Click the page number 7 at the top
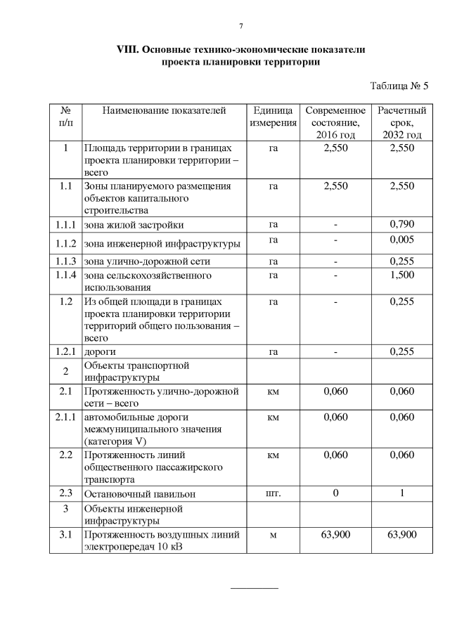pyautogui.click(x=240, y=27)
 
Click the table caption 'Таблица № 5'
pyautogui.click(x=399, y=86)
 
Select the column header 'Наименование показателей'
pyautogui.click(x=164, y=110)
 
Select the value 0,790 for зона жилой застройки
pyautogui.click(x=401, y=225)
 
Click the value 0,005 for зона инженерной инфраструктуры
pyautogui.click(x=401, y=241)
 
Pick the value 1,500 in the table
pyautogui.click(x=401, y=275)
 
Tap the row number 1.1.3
pyautogui.click(x=65, y=260)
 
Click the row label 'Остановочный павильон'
pyautogui.click(x=140, y=493)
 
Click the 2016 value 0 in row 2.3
pyautogui.click(x=335, y=493)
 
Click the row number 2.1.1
pyautogui.click(x=65, y=417)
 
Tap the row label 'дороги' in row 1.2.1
pyautogui.click(x=101, y=351)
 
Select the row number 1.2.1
pyautogui.click(x=65, y=351)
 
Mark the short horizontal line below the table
pyautogui.click(x=255, y=587)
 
